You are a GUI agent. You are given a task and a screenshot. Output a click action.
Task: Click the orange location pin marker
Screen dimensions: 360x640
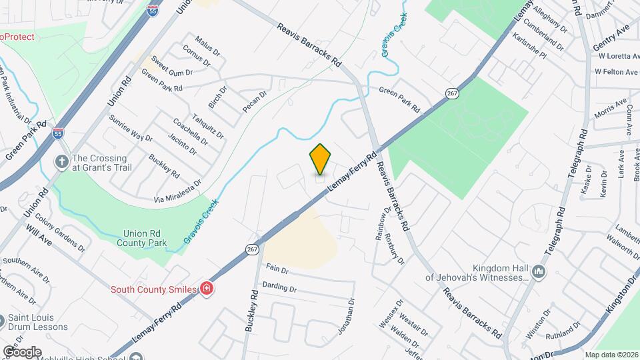pos(320,159)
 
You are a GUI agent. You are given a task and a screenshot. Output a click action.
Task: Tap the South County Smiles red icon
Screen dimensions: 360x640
pos(207,289)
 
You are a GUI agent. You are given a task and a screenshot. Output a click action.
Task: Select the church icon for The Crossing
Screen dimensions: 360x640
pos(61,162)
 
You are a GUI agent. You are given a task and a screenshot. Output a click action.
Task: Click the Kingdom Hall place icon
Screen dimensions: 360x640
pos(539,271)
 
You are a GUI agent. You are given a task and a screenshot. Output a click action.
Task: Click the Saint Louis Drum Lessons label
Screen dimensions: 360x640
pos(38,322)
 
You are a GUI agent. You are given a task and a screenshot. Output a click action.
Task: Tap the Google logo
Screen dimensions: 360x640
pos(21,351)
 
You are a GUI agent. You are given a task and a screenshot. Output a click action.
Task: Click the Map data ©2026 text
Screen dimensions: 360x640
pos(611,354)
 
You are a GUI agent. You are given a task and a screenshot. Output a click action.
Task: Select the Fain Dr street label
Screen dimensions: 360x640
pos(277,269)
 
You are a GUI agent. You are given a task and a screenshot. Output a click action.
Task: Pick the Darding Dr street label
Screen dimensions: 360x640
pos(279,287)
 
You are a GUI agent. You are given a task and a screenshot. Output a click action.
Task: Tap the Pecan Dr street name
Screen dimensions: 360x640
pos(254,101)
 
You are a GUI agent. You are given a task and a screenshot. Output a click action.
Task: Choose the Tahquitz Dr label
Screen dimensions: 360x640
pos(208,125)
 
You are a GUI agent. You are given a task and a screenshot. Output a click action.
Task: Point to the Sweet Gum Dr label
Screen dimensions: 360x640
pos(172,66)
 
